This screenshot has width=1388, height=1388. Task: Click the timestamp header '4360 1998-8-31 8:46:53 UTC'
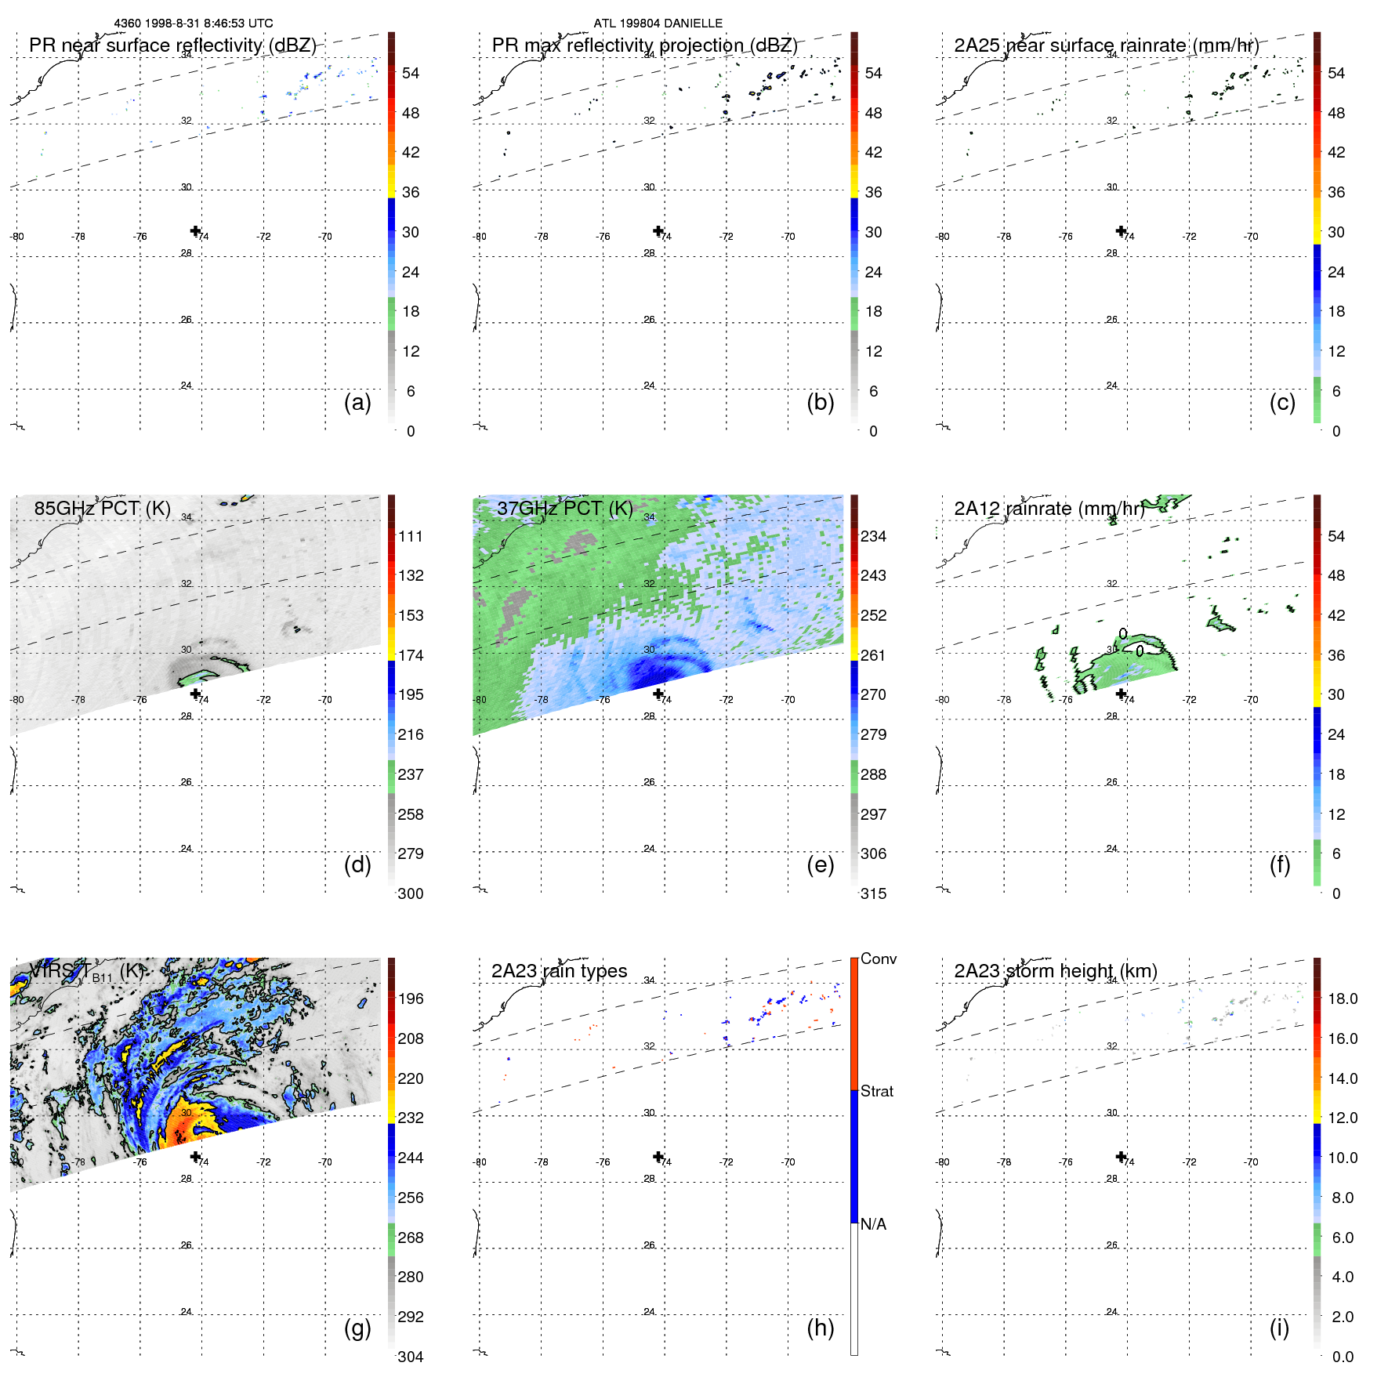click(194, 24)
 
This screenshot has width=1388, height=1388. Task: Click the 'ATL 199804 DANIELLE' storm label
click(658, 24)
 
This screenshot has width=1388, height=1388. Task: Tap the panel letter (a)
click(357, 402)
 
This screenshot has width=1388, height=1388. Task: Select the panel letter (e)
click(820, 864)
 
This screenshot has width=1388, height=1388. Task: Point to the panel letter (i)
click(1279, 1328)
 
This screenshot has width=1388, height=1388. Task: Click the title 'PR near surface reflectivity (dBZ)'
click(172, 45)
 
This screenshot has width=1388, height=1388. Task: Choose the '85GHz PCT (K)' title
click(102, 508)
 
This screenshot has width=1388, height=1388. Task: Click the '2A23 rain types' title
click(559, 971)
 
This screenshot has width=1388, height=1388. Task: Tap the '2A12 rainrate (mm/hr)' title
click(1049, 509)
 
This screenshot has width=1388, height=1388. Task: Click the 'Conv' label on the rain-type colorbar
click(878, 959)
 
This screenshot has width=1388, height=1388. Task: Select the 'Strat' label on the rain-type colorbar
click(876, 1091)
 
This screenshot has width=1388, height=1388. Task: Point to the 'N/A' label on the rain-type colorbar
click(873, 1224)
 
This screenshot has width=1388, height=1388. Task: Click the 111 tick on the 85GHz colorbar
click(411, 536)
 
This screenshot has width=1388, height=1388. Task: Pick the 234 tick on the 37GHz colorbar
click(873, 536)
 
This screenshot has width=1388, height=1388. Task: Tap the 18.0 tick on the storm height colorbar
click(1342, 998)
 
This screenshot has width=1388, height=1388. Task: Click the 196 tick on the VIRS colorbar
click(411, 998)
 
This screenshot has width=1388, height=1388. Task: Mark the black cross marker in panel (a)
click(195, 230)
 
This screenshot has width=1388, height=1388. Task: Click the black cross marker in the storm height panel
click(1121, 1156)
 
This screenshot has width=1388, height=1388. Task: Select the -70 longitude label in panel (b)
click(788, 237)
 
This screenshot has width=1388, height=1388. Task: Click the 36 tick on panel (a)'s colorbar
click(411, 192)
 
